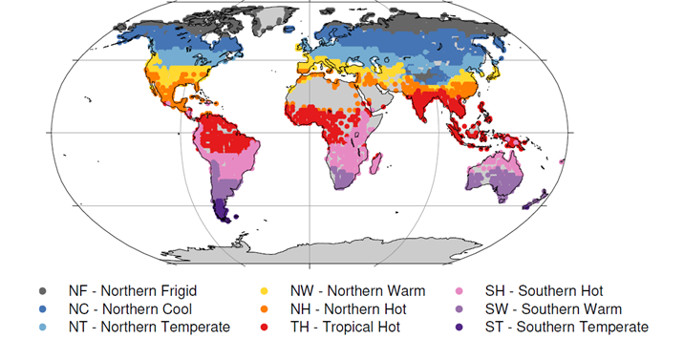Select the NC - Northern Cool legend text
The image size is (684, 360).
click(x=130, y=308)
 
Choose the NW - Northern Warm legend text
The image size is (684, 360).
click(x=357, y=290)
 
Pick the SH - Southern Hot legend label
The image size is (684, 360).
click(x=558, y=290)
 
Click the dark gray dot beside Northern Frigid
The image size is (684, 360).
click(x=43, y=290)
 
